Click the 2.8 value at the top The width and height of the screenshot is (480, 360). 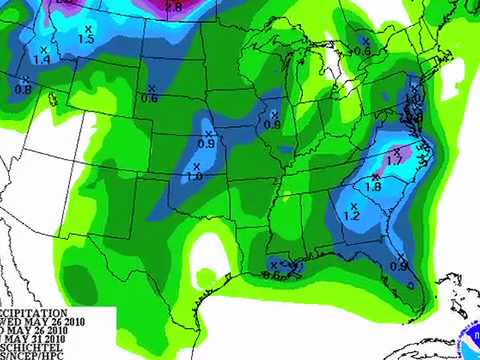(x=173, y=7)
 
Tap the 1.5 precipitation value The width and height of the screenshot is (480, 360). (x=86, y=39)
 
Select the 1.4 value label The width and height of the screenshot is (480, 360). (x=42, y=60)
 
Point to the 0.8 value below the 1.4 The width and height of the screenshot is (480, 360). (x=23, y=90)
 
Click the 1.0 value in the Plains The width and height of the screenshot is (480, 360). (x=194, y=176)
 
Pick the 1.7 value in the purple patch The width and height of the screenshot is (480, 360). (x=393, y=159)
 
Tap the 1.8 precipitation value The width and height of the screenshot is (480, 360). (x=374, y=186)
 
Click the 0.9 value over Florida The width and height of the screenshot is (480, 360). (x=398, y=265)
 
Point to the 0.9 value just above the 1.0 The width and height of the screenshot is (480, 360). (x=208, y=144)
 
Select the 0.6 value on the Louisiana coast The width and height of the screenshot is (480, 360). (x=269, y=275)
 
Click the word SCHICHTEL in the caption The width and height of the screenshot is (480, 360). (x=31, y=340)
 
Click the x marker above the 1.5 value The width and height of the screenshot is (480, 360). (x=87, y=27)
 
